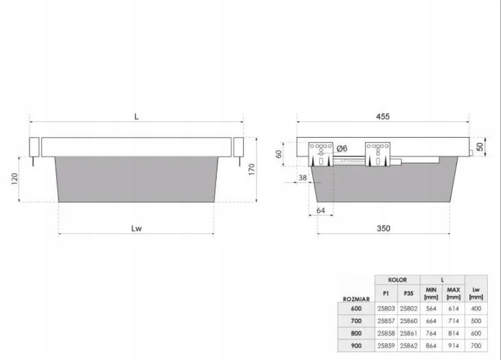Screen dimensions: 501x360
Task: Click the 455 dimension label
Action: (383, 117)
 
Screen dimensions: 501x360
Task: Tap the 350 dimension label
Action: (384, 228)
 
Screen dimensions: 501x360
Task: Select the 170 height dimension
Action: (252, 169)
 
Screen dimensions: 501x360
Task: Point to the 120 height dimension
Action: (14, 179)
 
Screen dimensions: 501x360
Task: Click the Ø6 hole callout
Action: (342, 148)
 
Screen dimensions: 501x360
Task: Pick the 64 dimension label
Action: (321, 211)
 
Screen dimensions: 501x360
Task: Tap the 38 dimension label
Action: (303, 178)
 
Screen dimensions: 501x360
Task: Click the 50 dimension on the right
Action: (480, 147)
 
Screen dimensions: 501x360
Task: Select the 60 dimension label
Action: (279, 154)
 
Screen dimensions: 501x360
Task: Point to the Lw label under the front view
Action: (137, 228)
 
